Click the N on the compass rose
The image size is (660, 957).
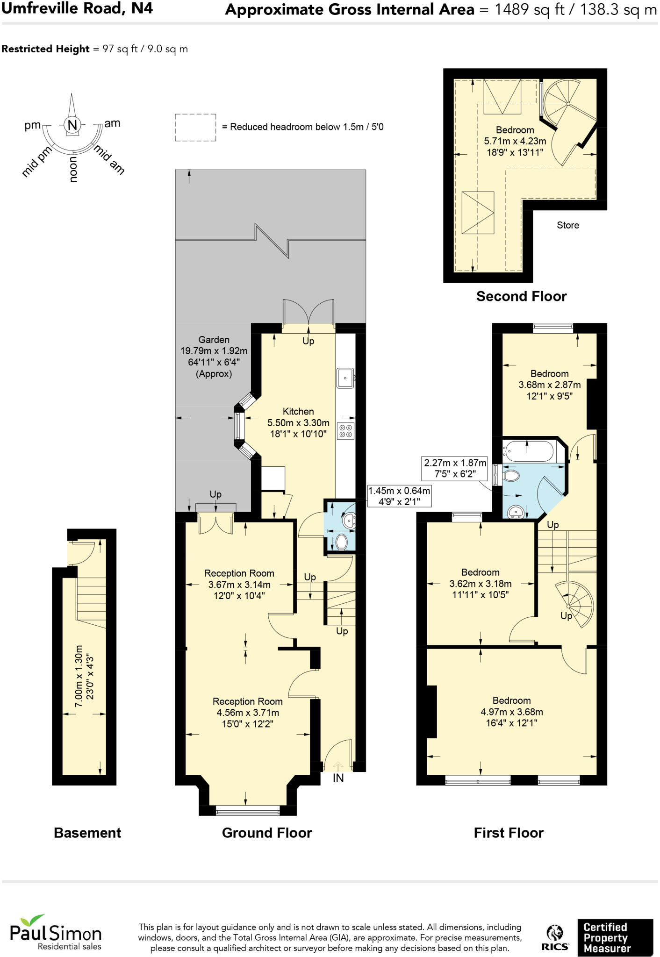(x=72, y=125)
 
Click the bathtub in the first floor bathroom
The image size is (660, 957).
(x=528, y=452)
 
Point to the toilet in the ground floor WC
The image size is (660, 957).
(x=342, y=542)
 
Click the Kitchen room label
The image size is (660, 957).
(x=298, y=412)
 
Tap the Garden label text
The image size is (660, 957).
(x=214, y=340)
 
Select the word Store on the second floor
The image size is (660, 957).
(x=568, y=225)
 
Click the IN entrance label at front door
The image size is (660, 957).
(x=338, y=778)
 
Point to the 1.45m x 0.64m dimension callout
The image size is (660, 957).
(x=399, y=496)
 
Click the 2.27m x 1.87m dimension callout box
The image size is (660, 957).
(x=455, y=469)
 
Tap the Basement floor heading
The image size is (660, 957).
(x=87, y=833)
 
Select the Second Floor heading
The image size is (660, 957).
(x=521, y=296)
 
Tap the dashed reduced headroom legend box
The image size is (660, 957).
(x=195, y=127)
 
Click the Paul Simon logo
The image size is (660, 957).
(x=56, y=934)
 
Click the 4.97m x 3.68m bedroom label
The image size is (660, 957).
(x=511, y=712)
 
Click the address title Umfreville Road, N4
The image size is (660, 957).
(x=77, y=8)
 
